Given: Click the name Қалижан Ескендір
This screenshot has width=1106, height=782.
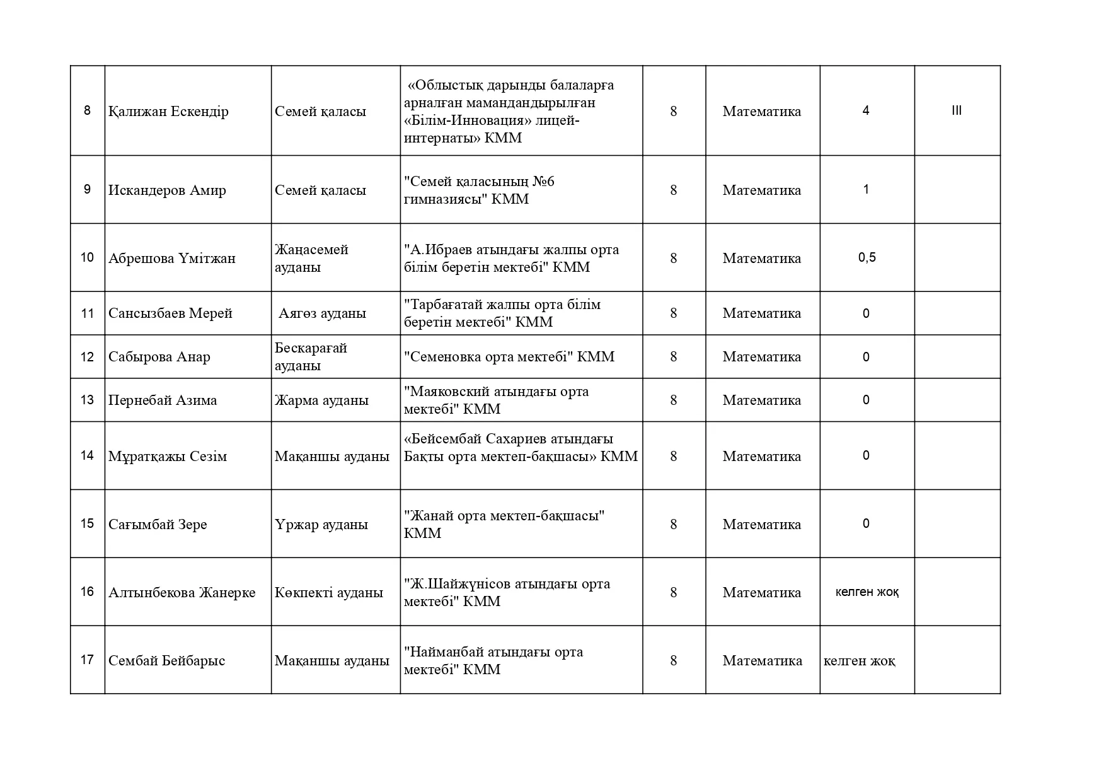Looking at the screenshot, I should point(168,112).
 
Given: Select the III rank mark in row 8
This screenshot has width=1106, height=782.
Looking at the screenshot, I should point(956,111).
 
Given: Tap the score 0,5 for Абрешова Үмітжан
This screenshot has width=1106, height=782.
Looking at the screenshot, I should point(867,257).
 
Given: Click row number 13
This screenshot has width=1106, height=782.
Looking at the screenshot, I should point(87,400).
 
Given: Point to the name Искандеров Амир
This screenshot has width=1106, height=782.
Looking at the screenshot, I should point(167,190).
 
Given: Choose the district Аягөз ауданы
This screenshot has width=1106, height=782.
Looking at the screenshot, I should point(322,313).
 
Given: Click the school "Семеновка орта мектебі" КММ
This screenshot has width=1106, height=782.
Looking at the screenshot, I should point(509,357).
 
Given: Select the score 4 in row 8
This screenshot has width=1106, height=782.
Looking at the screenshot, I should point(865,111).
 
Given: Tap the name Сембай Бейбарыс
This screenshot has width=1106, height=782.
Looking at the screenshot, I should point(166,661).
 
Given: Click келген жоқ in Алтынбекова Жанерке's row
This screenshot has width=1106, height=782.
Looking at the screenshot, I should point(867,592).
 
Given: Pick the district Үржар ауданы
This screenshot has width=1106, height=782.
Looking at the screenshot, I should point(321,525).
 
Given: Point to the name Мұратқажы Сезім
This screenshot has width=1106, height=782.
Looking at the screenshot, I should point(167,457).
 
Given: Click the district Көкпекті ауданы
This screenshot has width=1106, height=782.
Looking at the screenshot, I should point(328,593).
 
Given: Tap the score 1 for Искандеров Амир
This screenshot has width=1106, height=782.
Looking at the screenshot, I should point(865,190).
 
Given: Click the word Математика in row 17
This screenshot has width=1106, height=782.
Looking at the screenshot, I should point(762,661).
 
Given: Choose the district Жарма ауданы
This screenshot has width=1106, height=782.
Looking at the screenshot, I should point(321,400).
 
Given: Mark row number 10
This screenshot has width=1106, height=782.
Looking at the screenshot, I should point(87,257).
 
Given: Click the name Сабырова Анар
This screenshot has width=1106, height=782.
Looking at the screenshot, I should point(159,357).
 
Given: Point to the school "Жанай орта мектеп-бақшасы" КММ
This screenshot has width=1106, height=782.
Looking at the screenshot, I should point(504,524).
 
